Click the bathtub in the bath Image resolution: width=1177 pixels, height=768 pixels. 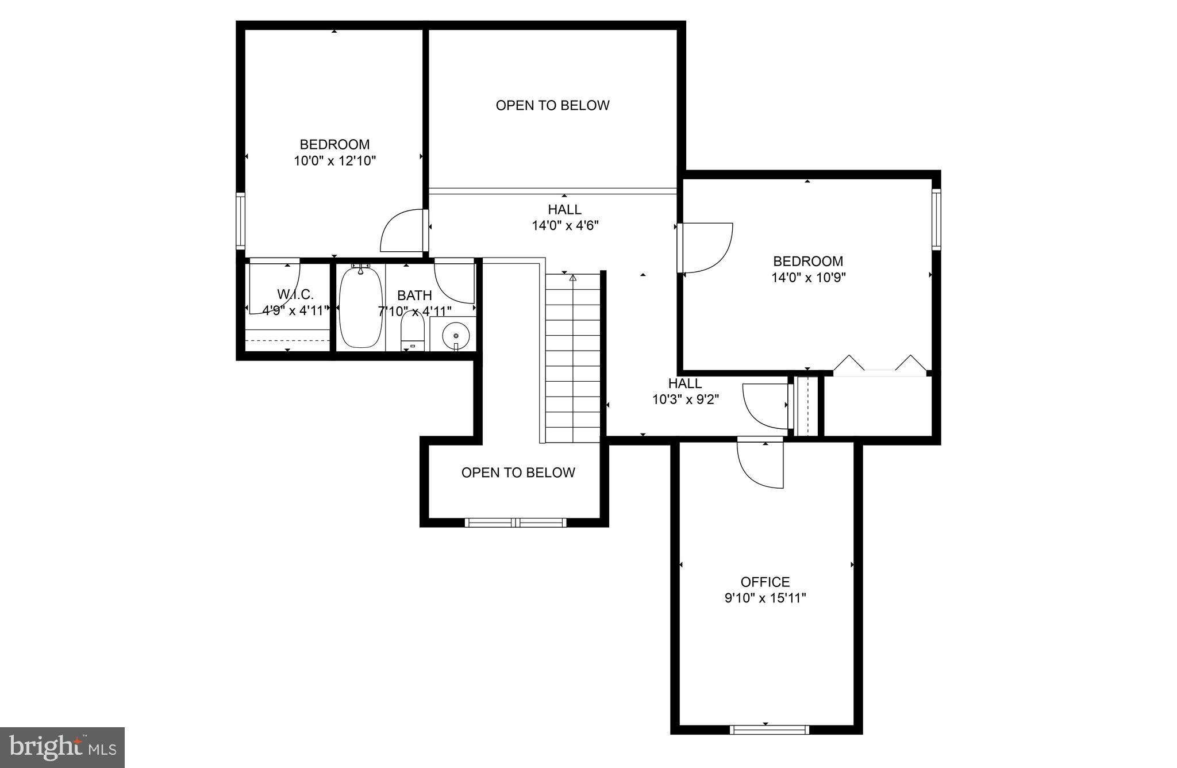click(360, 308)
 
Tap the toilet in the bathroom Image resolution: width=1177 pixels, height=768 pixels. click(412, 332)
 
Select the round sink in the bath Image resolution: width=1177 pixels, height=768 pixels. click(456, 335)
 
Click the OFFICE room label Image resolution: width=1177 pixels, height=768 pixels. click(765, 582)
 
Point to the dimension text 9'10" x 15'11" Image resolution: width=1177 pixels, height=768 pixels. click(765, 598)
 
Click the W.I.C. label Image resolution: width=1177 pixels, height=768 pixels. click(295, 294)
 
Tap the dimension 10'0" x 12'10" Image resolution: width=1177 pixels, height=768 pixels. click(334, 161)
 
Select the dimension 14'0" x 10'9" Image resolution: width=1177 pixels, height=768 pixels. click(808, 278)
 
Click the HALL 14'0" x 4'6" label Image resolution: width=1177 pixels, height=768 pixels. click(564, 217)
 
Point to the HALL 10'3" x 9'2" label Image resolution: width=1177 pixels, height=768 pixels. click(685, 391)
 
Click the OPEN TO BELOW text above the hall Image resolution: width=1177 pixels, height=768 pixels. click(552, 105)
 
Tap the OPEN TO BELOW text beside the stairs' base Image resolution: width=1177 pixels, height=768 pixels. click(518, 473)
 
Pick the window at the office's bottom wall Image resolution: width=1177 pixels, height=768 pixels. click(769, 729)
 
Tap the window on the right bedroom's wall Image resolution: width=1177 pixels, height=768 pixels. click(936, 219)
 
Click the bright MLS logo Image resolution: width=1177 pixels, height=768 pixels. click(62, 747)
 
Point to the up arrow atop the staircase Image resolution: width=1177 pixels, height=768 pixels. click(572, 278)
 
